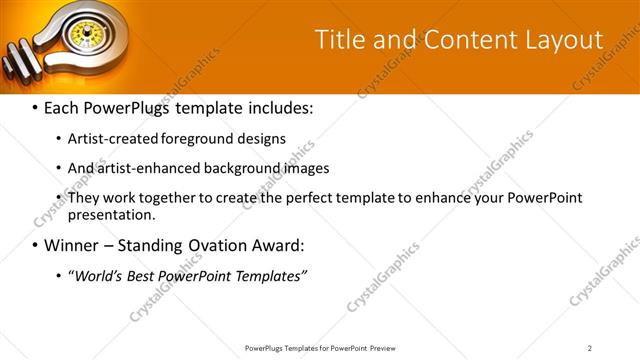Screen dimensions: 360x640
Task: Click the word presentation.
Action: tap(111, 214)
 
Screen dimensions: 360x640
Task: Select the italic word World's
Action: tap(102, 275)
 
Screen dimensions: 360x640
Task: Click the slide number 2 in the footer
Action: tap(590, 347)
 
